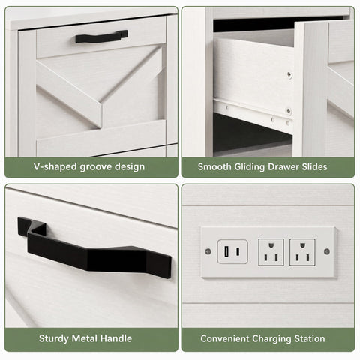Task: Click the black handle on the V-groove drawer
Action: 102,37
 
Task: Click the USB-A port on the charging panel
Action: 226,251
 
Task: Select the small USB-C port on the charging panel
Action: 238,251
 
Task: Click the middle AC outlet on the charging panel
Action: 271,252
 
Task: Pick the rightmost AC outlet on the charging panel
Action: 302,252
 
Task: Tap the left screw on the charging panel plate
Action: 208,251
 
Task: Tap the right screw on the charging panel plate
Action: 327,251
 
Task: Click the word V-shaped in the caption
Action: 55,166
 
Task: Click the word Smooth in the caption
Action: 214,166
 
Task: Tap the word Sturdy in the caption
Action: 54,339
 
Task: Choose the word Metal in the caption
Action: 85,338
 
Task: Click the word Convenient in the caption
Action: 224,339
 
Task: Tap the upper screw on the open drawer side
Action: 289,74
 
